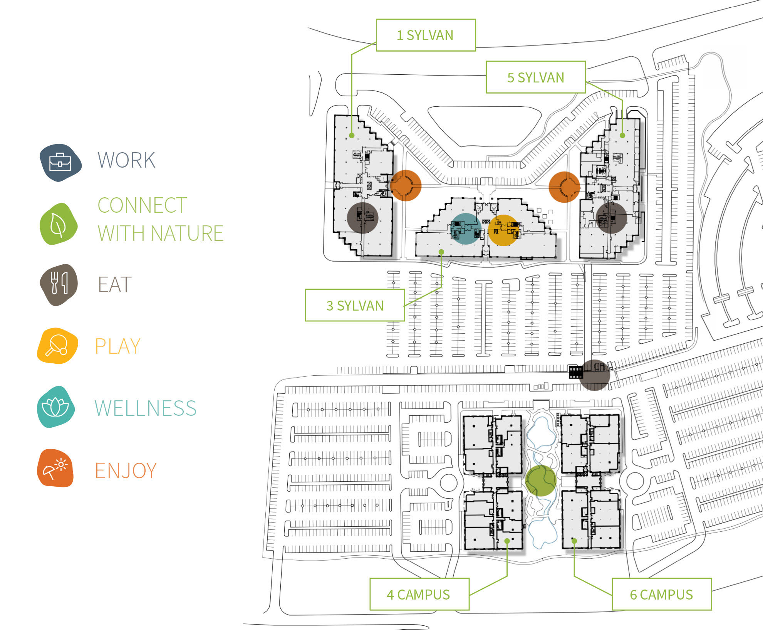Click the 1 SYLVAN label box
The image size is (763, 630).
tap(426, 35)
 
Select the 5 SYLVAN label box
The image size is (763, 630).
tap(535, 77)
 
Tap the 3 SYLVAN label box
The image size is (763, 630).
tap(355, 305)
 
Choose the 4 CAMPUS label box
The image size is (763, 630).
tap(419, 594)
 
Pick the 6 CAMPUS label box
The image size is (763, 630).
tap(661, 594)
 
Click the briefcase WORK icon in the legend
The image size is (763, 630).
tap(60, 162)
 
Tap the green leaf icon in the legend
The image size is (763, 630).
tap(59, 224)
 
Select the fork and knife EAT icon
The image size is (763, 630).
tap(59, 284)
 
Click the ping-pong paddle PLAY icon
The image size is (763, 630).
tap(57, 346)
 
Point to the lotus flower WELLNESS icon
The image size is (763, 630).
tap(55, 407)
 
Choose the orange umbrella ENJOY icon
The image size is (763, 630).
tap(55, 468)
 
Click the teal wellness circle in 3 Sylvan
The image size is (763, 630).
tap(466, 229)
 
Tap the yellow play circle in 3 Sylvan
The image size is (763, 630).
tap(503, 230)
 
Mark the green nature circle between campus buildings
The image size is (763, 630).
tap(541, 480)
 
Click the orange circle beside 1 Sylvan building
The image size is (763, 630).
tap(406, 185)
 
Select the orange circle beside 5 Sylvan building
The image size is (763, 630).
tap(564, 187)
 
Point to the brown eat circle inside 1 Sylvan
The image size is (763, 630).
tap(362, 218)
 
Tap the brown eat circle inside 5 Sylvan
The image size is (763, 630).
tap(611, 218)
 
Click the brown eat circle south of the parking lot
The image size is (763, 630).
tap(595, 375)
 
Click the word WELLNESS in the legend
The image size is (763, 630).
tap(146, 408)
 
